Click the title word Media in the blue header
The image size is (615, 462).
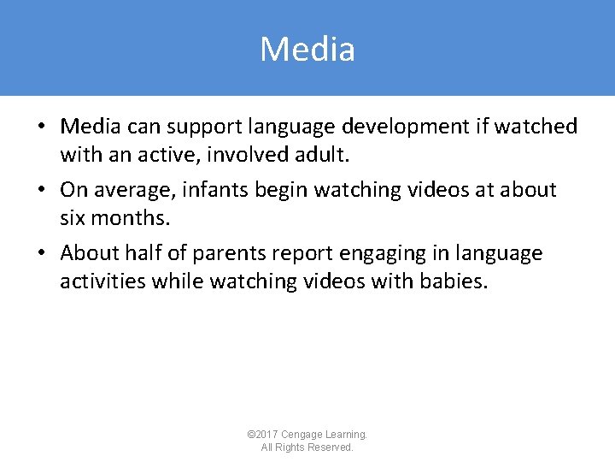[307, 50]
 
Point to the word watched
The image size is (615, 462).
[536, 127]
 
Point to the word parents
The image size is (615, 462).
[231, 253]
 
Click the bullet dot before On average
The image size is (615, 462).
[41, 190]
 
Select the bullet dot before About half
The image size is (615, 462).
[41, 253]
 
